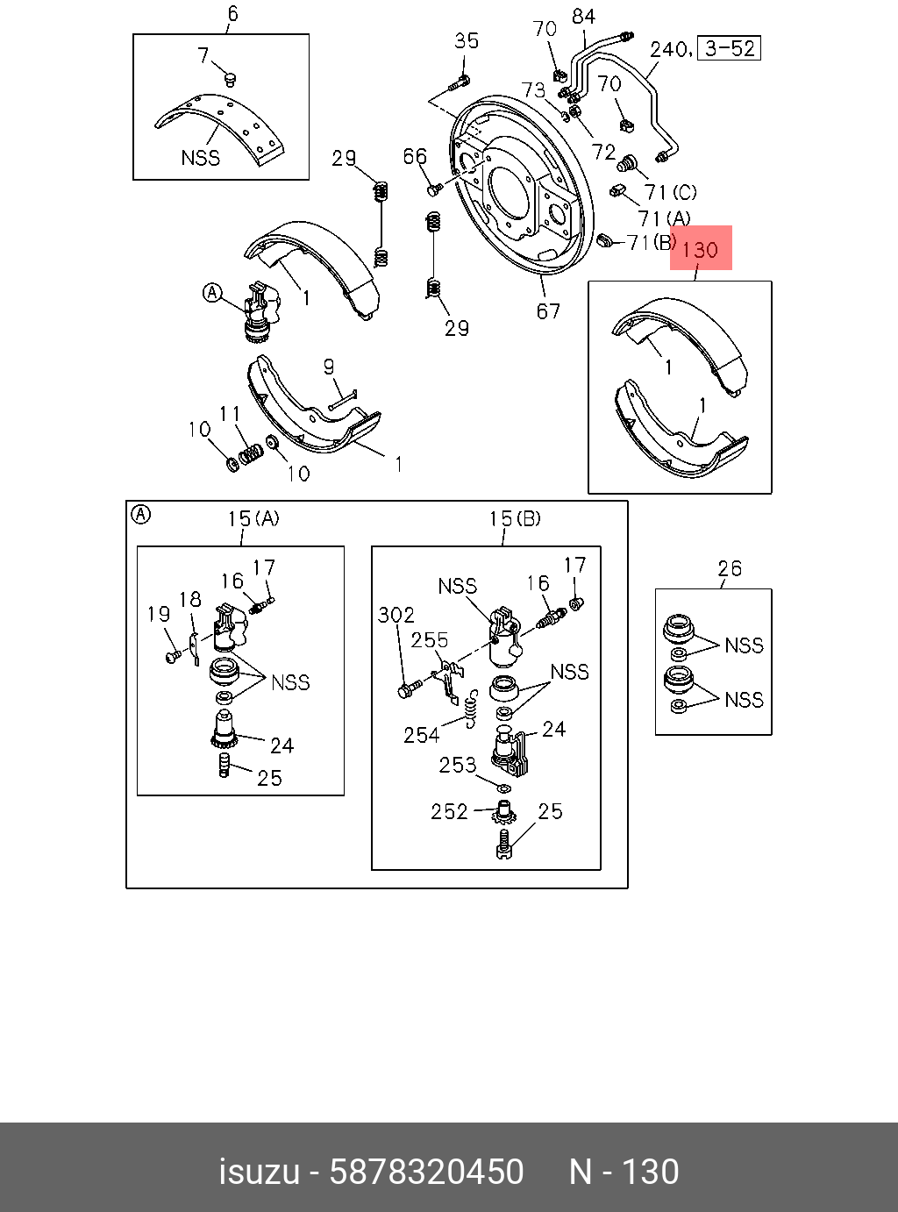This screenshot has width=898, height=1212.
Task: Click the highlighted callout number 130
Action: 700,250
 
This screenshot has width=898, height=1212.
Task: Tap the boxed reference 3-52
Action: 730,48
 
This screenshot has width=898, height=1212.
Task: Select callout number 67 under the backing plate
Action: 548,311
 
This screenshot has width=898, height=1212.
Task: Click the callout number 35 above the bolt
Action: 467,41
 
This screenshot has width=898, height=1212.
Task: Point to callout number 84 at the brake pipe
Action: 583,17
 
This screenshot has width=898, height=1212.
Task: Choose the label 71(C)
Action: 670,192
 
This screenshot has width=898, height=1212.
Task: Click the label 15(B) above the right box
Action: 515,519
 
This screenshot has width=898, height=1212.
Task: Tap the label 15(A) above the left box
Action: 253,519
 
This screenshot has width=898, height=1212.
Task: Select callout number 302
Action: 396,615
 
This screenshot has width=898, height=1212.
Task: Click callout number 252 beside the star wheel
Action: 449,812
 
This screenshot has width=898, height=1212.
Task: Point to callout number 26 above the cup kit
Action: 730,569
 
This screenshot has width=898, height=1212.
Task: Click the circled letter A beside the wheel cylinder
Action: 212,293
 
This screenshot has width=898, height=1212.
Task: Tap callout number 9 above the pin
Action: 329,367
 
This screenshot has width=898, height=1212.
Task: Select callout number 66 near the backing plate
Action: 415,156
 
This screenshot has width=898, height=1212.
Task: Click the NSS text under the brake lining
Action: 200,158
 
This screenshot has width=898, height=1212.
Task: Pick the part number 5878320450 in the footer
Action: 426,1172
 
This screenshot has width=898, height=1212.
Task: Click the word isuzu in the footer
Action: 259,1172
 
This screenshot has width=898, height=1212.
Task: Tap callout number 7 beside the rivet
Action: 204,56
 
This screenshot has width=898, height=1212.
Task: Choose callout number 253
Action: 458,766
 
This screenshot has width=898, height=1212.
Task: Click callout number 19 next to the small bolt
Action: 159,614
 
